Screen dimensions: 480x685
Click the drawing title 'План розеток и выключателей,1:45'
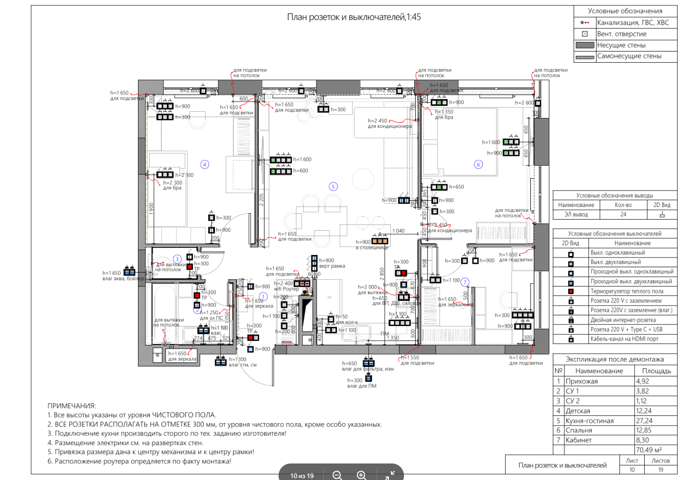(354, 17)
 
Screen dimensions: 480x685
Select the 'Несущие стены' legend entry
(621, 45)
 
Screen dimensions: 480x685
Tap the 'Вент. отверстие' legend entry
(621, 34)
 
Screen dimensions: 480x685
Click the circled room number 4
(205, 165)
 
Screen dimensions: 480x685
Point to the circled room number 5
(333, 187)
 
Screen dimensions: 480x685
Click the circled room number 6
(478, 165)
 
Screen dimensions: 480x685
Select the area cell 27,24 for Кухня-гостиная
(644, 421)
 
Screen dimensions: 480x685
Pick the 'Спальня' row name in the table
(579, 430)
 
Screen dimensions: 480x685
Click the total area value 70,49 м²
(649, 450)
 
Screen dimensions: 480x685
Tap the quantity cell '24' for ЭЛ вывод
(623, 214)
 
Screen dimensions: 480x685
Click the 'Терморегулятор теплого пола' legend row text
(627, 291)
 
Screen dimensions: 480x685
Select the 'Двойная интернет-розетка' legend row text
(623, 320)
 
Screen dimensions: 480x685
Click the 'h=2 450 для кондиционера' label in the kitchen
(389, 123)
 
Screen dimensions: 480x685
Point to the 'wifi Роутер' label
(286, 289)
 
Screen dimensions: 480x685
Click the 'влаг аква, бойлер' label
(123, 279)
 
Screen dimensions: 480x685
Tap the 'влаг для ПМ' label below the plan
(362, 386)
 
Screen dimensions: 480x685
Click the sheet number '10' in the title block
(632, 470)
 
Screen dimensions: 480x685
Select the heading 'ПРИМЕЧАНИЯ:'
(71, 406)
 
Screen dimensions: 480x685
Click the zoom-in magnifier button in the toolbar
(361, 475)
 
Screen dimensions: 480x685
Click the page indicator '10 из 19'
(302, 476)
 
